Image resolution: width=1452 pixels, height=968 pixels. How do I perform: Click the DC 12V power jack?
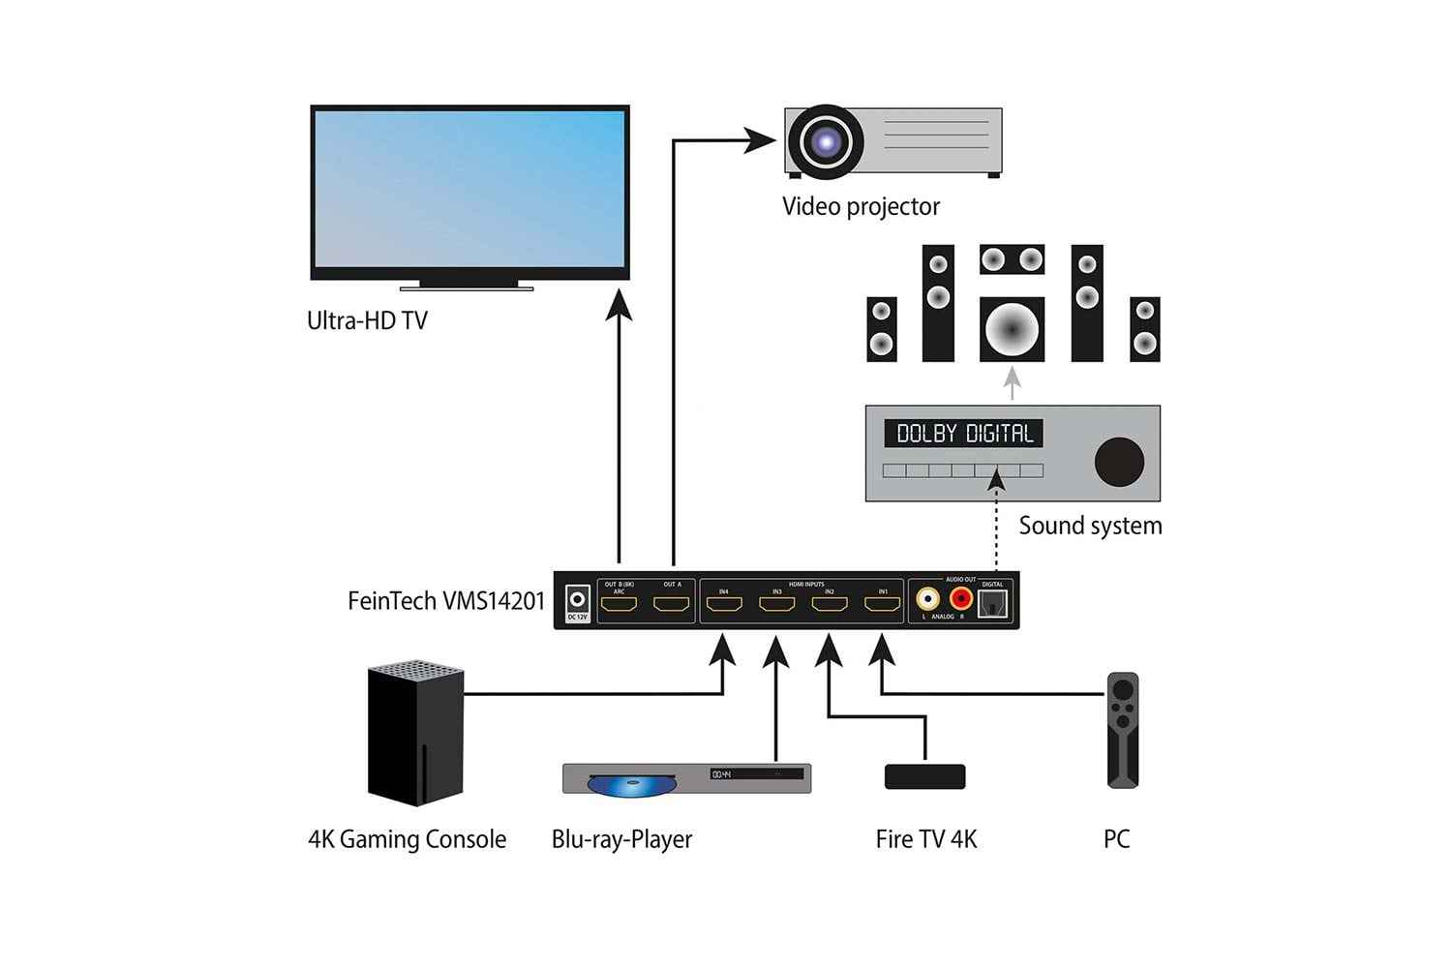pyautogui.click(x=578, y=599)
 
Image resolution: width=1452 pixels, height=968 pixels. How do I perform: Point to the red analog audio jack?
pyautogui.click(x=961, y=601)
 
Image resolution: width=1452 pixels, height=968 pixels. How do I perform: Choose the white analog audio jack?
pyautogui.click(x=928, y=601)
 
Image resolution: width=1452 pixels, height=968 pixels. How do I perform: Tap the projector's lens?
pyautogui.click(x=826, y=142)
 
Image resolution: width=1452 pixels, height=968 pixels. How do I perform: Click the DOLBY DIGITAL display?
pyautogui.click(x=963, y=434)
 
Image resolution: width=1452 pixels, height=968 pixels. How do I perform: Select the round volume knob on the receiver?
pyautogui.click(x=1119, y=461)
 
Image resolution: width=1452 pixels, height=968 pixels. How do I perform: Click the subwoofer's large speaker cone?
pyautogui.click(x=1012, y=329)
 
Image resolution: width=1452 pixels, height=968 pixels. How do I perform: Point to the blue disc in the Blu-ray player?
pyautogui.click(x=620, y=784)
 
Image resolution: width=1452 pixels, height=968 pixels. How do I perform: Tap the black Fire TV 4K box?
pyautogui.click(x=925, y=776)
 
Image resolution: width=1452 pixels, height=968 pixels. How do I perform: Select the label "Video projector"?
pyautogui.click(x=861, y=206)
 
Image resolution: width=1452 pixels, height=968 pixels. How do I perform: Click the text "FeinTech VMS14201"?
pyautogui.click(x=446, y=601)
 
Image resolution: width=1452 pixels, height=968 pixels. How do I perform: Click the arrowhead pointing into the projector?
pyautogui.click(x=761, y=142)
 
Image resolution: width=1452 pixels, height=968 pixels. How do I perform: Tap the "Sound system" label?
pyautogui.click(x=1090, y=526)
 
